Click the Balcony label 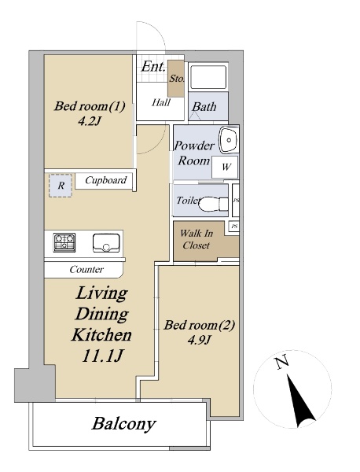click(123, 424)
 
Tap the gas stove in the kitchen click(64, 242)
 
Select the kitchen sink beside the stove click(106, 242)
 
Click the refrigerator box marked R click(61, 186)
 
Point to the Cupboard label click(105, 180)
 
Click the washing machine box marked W click(225, 167)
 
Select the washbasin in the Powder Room click(229, 140)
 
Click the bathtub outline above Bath click(208, 77)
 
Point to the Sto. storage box click(176, 79)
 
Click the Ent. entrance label click(153, 67)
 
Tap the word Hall click(161, 102)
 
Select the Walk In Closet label click(197, 239)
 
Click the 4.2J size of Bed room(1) click(89, 121)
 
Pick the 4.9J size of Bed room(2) click(199, 340)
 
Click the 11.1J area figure click(102, 356)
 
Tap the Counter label click(86, 269)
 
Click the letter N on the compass click(282, 363)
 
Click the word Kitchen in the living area click(101, 335)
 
